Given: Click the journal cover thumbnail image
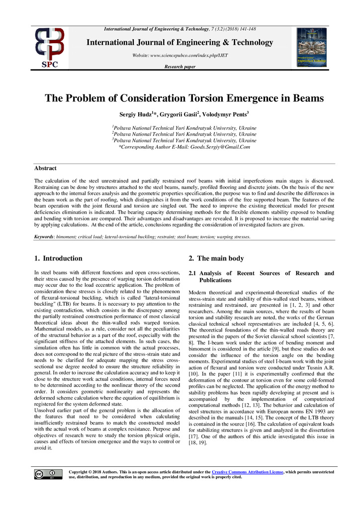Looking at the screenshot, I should (311, 47).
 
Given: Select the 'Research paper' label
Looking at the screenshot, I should (180, 67).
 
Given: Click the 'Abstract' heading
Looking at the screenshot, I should (45, 169).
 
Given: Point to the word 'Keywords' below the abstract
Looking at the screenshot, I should (44, 237).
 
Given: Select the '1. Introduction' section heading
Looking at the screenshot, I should (58, 258).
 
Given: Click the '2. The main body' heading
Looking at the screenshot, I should (216, 258).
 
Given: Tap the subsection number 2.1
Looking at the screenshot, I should (193, 273).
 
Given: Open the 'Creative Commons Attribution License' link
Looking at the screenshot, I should (247, 471).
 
